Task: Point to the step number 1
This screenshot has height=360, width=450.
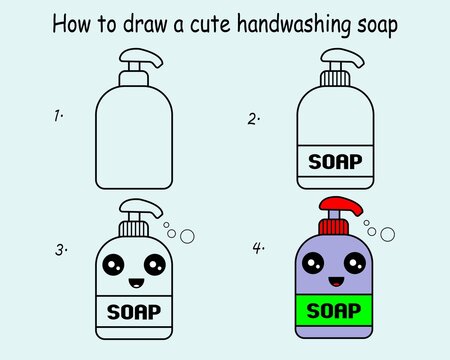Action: pyautogui.click(x=58, y=117)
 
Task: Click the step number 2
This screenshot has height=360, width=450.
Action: pyautogui.click(x=254, y=119)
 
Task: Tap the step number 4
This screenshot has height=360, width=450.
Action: pyautogui.click(x=258, y=247)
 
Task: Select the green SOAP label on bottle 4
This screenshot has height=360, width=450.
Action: pyautogui.click(x=334, y=311)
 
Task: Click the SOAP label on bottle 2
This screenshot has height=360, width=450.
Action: pyautogui.click(x=334, y=161)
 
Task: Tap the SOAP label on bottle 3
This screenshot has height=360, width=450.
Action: pyautogui.click(x=134, y=311)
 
